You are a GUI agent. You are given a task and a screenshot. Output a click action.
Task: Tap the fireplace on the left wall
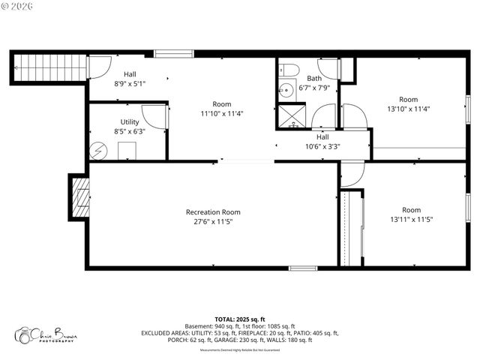coord(80,197)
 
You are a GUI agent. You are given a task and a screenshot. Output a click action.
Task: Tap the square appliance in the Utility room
coord(127,150)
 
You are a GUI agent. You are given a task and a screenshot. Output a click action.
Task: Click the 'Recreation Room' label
coord(213,212)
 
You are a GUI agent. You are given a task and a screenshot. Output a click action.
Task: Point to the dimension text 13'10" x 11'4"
coord(408,109)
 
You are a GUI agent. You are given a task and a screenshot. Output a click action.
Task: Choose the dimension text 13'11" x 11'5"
coord(411,220)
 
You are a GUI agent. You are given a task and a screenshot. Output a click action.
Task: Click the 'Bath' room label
coord(313,78)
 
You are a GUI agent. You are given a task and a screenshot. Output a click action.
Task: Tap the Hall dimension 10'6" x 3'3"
coord(322,147)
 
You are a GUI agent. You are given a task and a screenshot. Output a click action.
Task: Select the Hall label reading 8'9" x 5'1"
coord(130,84)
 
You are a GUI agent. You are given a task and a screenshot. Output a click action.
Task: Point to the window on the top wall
coord(174,53)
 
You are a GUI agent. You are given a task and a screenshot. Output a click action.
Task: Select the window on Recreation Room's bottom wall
coord(303,268)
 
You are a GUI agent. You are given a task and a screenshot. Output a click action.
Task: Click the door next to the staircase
coord(97,67)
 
